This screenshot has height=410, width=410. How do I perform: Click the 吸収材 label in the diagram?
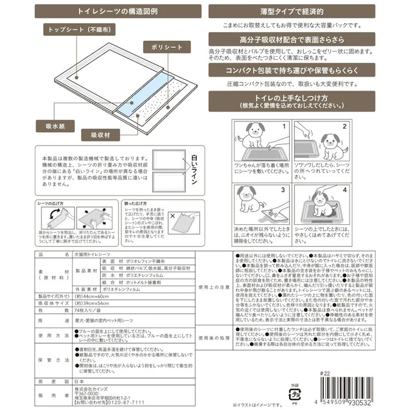(x=100, y=135)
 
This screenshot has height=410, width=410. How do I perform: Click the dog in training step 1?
(x=253, y=138)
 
